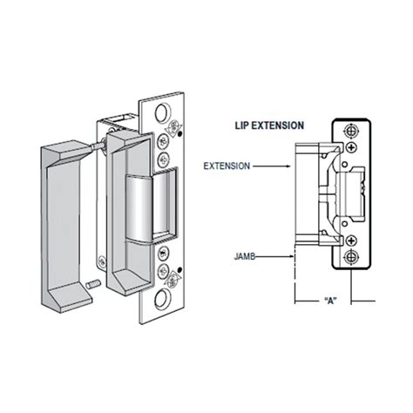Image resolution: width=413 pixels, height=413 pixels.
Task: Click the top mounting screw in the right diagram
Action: tap(351, 130)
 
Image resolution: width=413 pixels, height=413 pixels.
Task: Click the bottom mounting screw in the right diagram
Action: tap(351, 256)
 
